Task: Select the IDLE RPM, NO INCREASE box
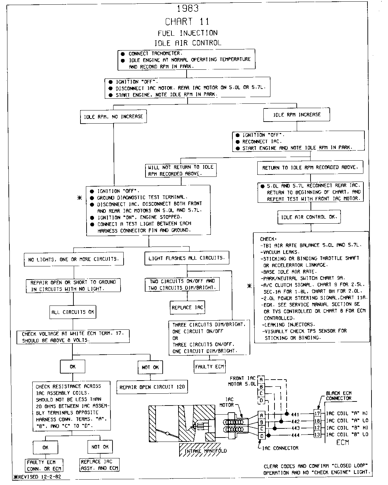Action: [x=114, y=117]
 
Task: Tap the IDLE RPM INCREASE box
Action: [x=296, y=115]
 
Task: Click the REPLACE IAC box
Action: [x=187, y=307]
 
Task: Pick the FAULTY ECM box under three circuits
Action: [x=209, y=367]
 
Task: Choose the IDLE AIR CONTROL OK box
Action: [x=309, y=217]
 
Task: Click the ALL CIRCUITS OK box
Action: [x=73, y=312]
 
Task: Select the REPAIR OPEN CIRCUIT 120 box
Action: [x=152, y=387]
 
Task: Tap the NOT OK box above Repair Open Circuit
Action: [x=150, y=367]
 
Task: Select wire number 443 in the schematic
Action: [x=295, y=428]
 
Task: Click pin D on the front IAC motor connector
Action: [x=261, y=400]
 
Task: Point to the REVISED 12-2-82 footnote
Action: [x=37, y=477]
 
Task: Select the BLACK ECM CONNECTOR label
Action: [x=338, y=396]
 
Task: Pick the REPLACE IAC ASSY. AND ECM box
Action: [x=99, y=465]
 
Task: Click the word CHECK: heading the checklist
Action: [x=268, y=239]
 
